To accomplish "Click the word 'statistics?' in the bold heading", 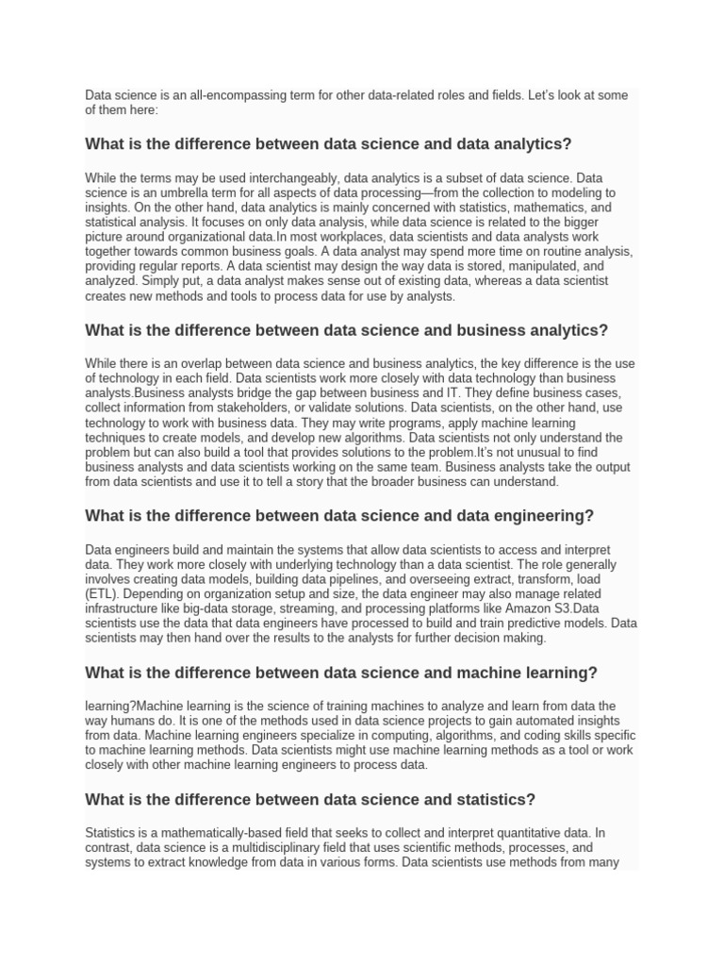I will (x=497, y=800).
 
